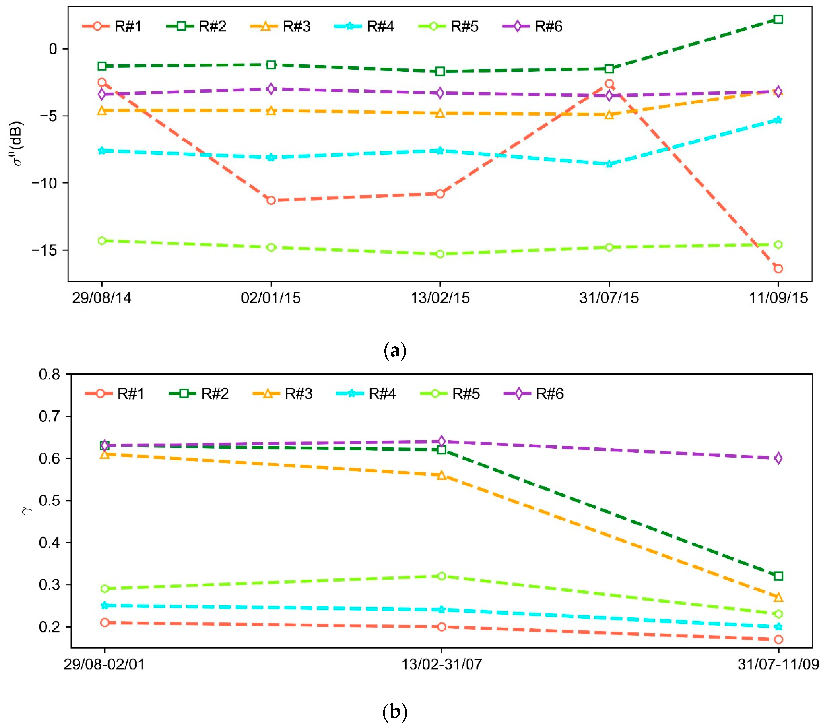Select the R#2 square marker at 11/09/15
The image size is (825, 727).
778,19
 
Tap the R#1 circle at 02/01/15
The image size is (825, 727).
271,200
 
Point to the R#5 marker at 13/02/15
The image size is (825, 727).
440,254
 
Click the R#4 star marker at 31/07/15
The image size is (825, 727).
609,164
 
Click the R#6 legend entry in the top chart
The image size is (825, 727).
533,26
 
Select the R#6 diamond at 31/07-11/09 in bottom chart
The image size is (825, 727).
778,458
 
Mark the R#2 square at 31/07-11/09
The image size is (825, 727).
778,576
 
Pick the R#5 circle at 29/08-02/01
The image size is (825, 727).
105,588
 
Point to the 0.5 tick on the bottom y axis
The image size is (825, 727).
49,501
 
